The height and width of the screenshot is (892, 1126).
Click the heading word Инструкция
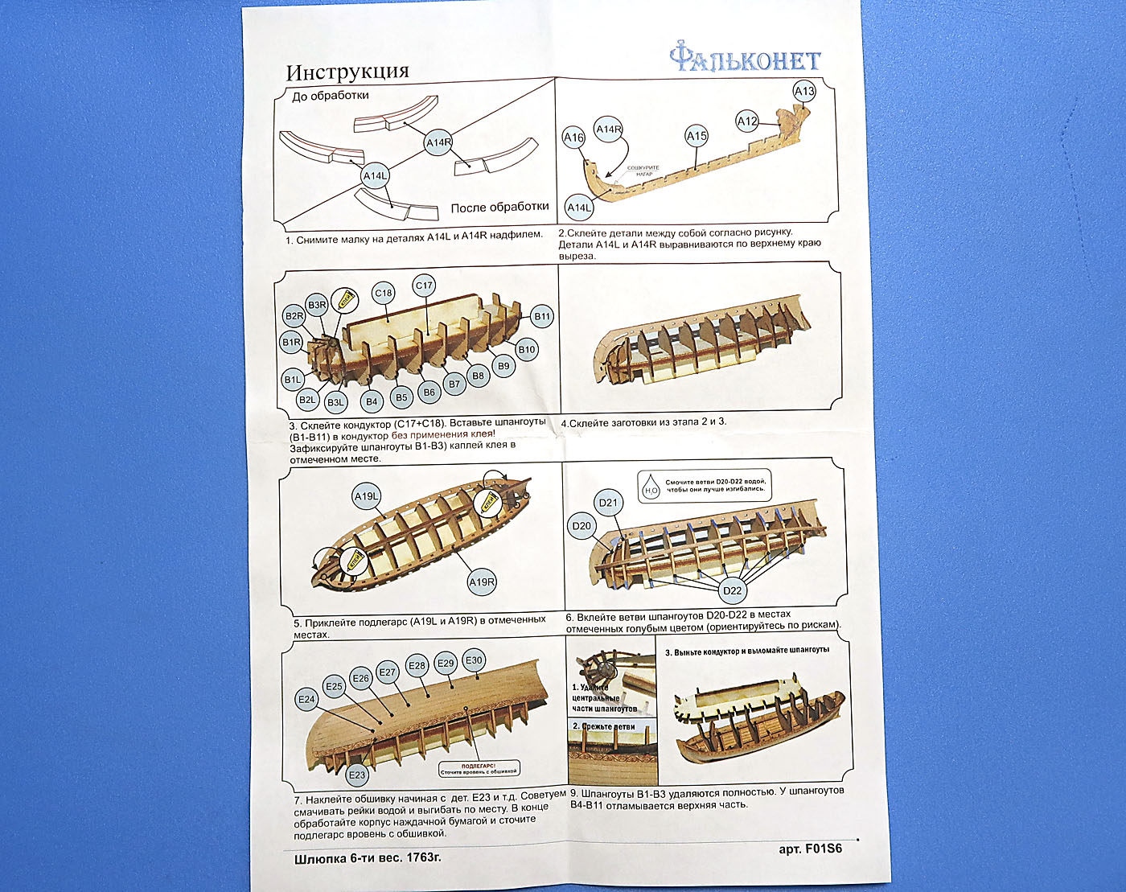tap(347, 72)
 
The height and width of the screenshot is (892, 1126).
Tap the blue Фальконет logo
tap(745, 59)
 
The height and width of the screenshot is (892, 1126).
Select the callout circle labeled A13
tap(804, 91)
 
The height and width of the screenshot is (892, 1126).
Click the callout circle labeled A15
tap(697, 136)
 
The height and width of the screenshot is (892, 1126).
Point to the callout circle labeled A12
tap(747, 121)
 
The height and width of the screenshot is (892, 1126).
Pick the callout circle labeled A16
tap(573, 138)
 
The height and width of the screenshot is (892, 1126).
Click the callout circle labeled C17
tap(424, 285)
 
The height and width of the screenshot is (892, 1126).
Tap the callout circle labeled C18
tap(384, 293)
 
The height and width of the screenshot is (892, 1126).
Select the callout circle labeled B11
tap(543, 316)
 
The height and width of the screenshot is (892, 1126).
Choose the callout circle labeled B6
tap(429, 393)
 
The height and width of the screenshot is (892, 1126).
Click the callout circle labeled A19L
tap(367, 496)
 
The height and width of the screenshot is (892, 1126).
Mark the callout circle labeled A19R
tap(482, 582)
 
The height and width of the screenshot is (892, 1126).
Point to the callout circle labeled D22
tap(732, 590)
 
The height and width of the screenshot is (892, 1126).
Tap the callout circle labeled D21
tap(608, 504)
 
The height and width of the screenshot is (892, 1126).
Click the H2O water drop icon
tap(651, 488)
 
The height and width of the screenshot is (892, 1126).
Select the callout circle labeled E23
tap(356, 775)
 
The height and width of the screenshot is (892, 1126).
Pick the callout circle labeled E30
tap(475, 660)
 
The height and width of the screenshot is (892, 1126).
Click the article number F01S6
tap(822, 848)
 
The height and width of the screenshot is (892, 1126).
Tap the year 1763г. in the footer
tap(417, 857)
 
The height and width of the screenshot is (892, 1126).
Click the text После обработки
tap(499, 208)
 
